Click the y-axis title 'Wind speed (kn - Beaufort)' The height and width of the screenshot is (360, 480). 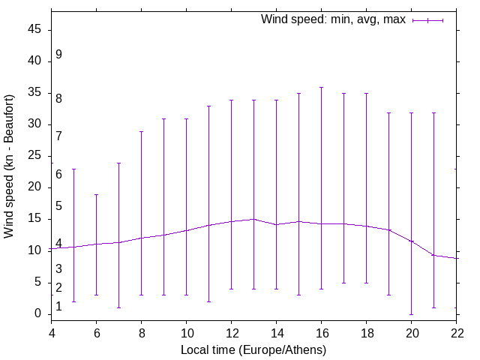[x=9, y=166]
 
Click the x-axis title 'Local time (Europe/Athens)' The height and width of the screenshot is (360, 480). [x=253, y=349]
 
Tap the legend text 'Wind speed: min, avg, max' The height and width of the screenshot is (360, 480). [x=333, y=19]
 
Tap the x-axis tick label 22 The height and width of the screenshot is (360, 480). [x=457, y=332]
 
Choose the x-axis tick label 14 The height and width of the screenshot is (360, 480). [x=276, y=332]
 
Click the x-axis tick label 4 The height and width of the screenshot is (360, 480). [x=52, y=332]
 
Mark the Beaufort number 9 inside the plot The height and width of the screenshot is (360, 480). [x=58, y=55]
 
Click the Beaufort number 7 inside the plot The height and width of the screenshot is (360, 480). [x=58, y=136]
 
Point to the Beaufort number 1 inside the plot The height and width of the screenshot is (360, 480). [x=58, y=306]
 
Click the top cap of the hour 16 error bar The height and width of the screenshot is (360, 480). [x=321, y=87]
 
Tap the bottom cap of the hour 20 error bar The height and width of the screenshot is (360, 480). [x=411, y=314]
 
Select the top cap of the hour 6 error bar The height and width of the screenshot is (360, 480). [x=96, y=194]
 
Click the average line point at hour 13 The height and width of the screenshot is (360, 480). [x=253, y=219]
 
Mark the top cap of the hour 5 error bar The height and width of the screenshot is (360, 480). [x=73, y=169]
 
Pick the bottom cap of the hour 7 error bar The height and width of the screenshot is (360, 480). [x=118, y=307]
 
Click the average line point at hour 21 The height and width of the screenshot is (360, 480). [x=433, y=255]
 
